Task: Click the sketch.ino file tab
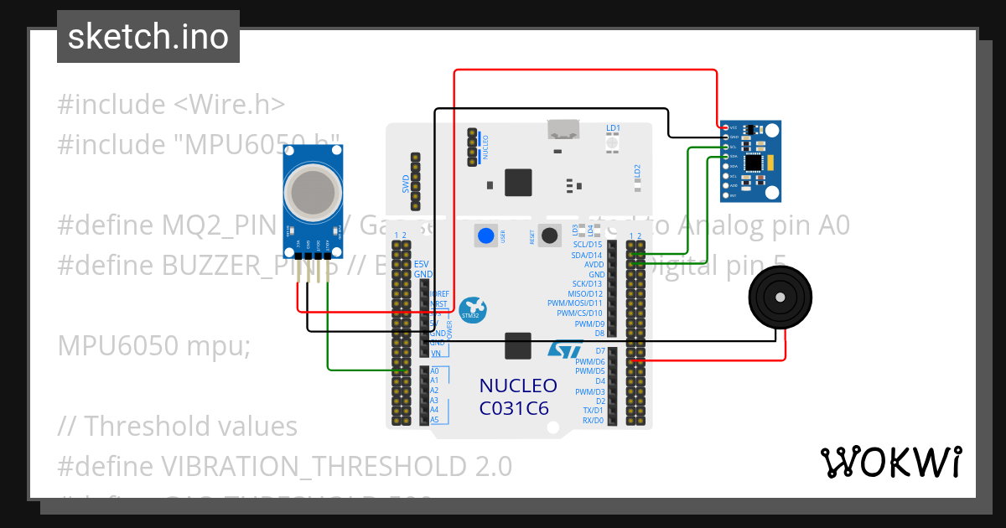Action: click(148, 37)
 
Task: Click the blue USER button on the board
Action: click(485, 236)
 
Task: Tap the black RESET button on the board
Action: click(550, 236)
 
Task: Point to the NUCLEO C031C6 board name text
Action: click(518, 396)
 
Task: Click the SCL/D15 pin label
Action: click(587, 244)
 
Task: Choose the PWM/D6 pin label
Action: click(589, 361)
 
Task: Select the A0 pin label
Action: click(434, 370)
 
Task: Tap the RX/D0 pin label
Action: click(593, 420)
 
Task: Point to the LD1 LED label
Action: click(613, 128)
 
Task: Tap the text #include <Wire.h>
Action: click(172, 105)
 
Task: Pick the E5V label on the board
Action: click(422, 264)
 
